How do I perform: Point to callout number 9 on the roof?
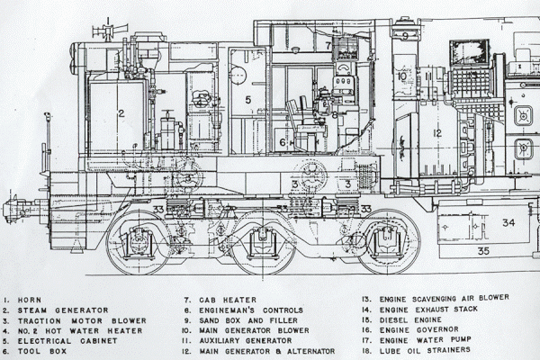pos(405,36)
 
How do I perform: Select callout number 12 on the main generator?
pos(436,133)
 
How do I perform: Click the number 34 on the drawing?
pos(508,221)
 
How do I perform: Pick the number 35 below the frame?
pos(483,250)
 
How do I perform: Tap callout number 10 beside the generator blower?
pos(401,76)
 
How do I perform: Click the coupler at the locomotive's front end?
pos(11,211)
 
